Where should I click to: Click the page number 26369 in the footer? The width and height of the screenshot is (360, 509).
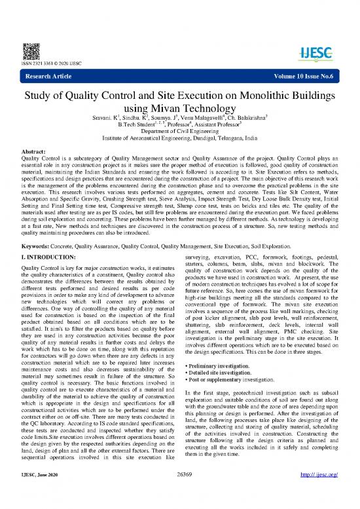179,499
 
